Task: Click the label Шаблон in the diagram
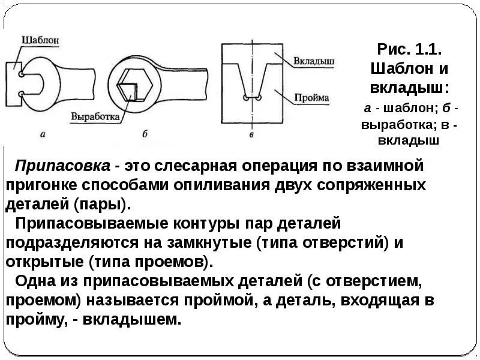pyautogui.click(x=41, y=40)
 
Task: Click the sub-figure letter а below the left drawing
pyautogui.click(x=43, y=134)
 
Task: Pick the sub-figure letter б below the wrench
pyautogui.click(x=145, y=134)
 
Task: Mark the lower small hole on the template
pyautogui.click(x=22, y=94)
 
